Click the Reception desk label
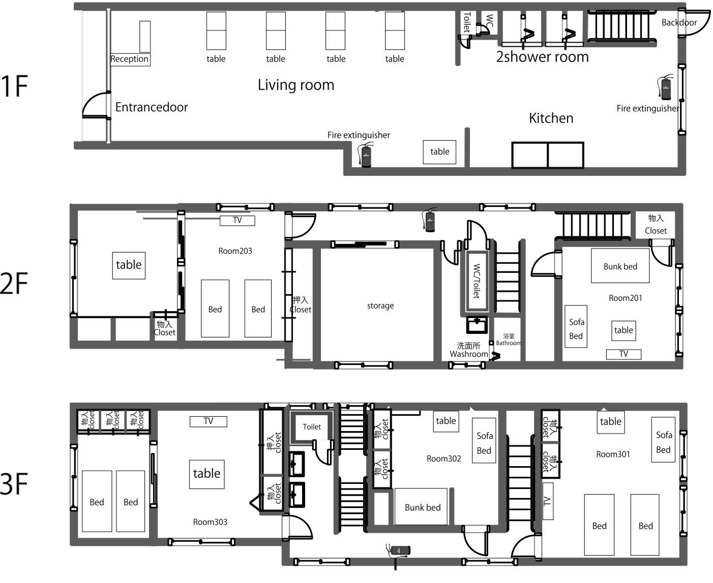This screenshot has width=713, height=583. coord(130,59)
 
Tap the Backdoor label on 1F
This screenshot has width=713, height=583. coord(679,23)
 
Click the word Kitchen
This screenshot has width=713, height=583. coord(551,118)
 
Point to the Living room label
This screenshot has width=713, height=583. coord(296,85)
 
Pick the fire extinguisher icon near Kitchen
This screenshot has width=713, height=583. coord(665,87)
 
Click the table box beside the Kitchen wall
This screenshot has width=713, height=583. coord(439,152)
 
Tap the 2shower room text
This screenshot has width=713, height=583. coord(542,57)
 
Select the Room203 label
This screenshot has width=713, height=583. coord(235,251)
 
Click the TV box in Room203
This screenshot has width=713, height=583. coord(237,221)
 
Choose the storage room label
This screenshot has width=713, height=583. coord(380,305)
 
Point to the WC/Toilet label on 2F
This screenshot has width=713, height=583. coord(477,281)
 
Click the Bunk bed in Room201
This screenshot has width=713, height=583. coord(620,266)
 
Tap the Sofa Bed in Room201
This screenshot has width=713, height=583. coord(576,326)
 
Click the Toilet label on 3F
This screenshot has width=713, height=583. coord(312,427)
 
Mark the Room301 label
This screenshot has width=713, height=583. coord(613,454)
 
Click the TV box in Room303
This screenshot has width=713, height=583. coord(208,421)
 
